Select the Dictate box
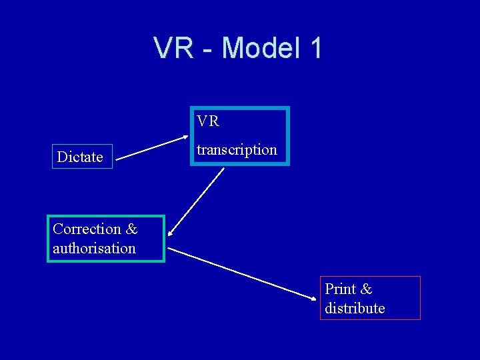coord(82,157)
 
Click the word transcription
coord(237,150)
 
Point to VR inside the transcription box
coord(208,121)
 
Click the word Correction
coord(87,229)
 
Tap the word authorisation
coord(94,249)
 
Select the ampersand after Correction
coord(131,229)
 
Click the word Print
coord(340,289)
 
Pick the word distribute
coord(355,308)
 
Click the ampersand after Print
coord(366,289)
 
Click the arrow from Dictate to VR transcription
coord(148,149)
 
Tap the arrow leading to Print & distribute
coord(243,275)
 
